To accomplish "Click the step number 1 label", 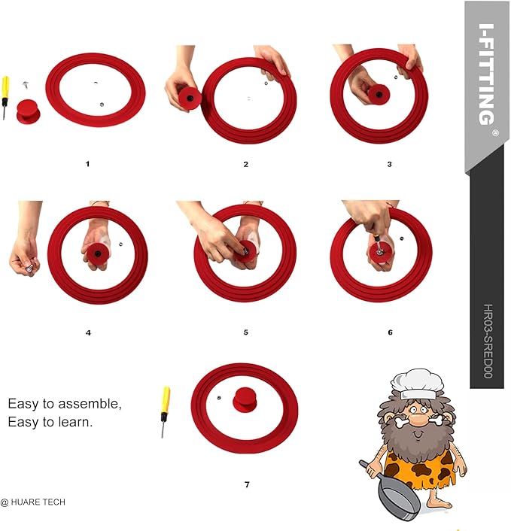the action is (87, 164).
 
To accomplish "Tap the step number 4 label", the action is (88, 333).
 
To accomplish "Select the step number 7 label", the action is (247, 484).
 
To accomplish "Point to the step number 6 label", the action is (390, 332).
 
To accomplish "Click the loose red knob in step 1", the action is (29, 111).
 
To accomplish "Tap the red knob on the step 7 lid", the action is (245, 400).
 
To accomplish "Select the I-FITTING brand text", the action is (486, 74).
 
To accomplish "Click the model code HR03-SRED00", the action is (488, 341).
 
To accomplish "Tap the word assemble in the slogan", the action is (90, 404).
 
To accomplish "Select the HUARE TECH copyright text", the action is (33, 502).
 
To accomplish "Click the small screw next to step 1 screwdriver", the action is (26, 85).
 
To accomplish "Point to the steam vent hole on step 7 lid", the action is (219, 398).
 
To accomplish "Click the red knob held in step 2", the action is (190, 99).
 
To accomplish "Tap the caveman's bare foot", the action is (440, 503).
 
